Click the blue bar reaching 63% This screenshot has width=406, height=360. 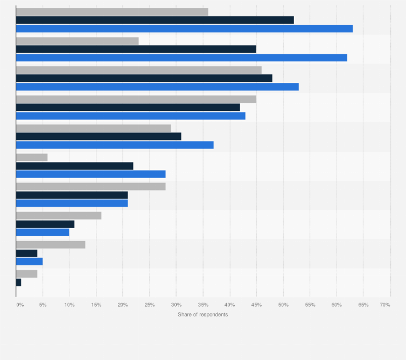[184, 29]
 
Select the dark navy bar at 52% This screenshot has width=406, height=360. [155, 20]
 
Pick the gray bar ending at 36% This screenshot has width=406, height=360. [112, 12]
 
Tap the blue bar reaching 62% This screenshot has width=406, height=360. [181, 58]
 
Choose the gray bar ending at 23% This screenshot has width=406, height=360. [78, 41]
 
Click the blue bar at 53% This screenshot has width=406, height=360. [157, 87]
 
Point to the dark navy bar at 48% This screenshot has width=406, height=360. [144, 78]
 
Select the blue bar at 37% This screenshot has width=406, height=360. [115, 145]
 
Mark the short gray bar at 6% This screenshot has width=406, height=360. [32, 157]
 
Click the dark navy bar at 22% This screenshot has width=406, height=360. [75, 166]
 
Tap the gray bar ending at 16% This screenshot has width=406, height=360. [59, 216]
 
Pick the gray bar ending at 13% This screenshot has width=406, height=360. [51, 245]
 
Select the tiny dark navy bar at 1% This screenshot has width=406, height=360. [19, 282]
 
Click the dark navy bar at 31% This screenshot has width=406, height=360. [99, 137]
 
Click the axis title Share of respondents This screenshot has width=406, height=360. [202, 314]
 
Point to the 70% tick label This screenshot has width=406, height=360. [385, 305]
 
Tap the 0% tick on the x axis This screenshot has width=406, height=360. [20, 305]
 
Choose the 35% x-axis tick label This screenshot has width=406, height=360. [203, 305]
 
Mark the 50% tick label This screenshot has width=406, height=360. [283, 305]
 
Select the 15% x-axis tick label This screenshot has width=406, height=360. [96, 305]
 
